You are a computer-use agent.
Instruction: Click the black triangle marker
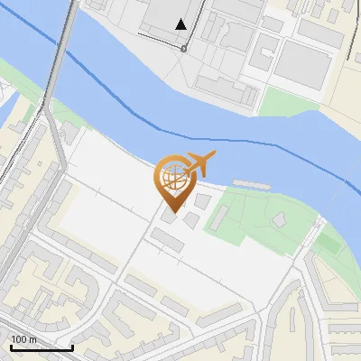(182, 24)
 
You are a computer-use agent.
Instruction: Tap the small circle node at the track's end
(184, 48)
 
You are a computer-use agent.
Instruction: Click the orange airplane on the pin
(200, 165)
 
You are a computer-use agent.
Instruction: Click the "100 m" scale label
(23, 339)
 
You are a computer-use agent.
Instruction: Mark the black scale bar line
(42, 347)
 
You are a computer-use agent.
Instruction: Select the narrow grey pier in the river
(251, 182)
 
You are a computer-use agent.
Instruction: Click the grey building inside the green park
(280, 219)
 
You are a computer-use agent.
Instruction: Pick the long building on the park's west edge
(219, 217)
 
